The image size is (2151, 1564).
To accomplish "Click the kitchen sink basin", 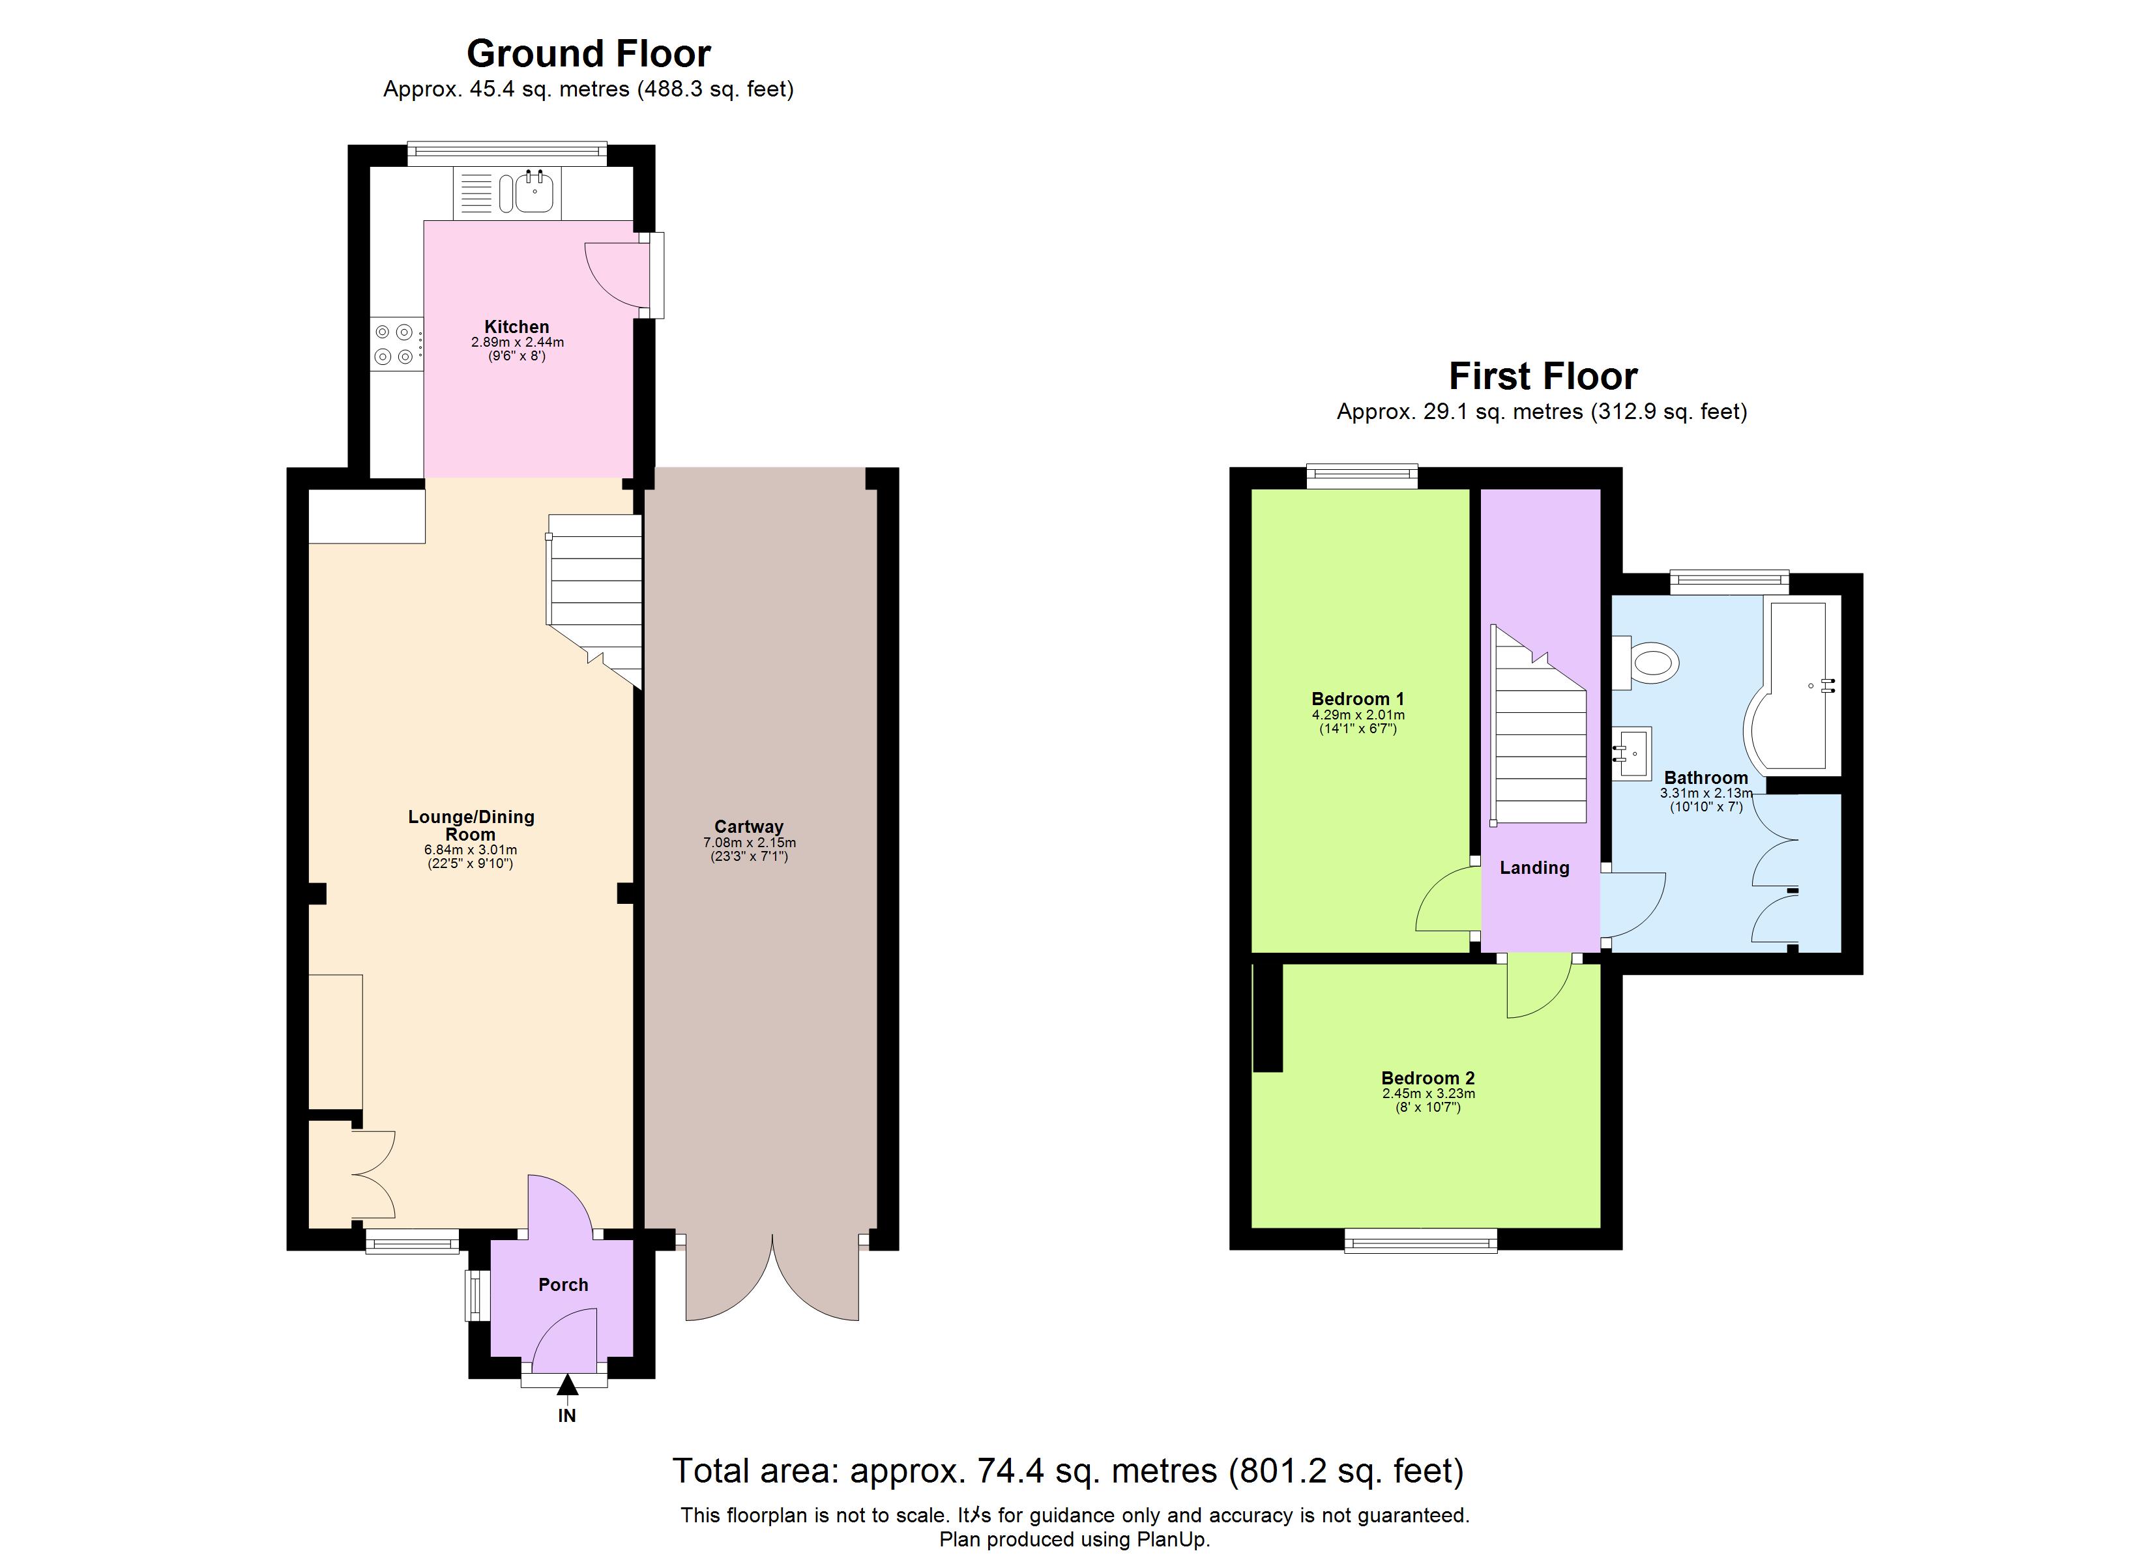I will coord(536,194).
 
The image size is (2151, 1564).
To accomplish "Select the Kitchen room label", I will coord(517,326).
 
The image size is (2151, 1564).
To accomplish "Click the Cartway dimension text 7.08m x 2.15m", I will coord(749,842).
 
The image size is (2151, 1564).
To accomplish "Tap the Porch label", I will coord(563,1284).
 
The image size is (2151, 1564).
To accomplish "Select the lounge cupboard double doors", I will coord(373,1174).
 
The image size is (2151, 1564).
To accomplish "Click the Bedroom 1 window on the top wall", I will coord(1362,477).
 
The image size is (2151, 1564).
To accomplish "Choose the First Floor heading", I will coord(1542,377).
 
